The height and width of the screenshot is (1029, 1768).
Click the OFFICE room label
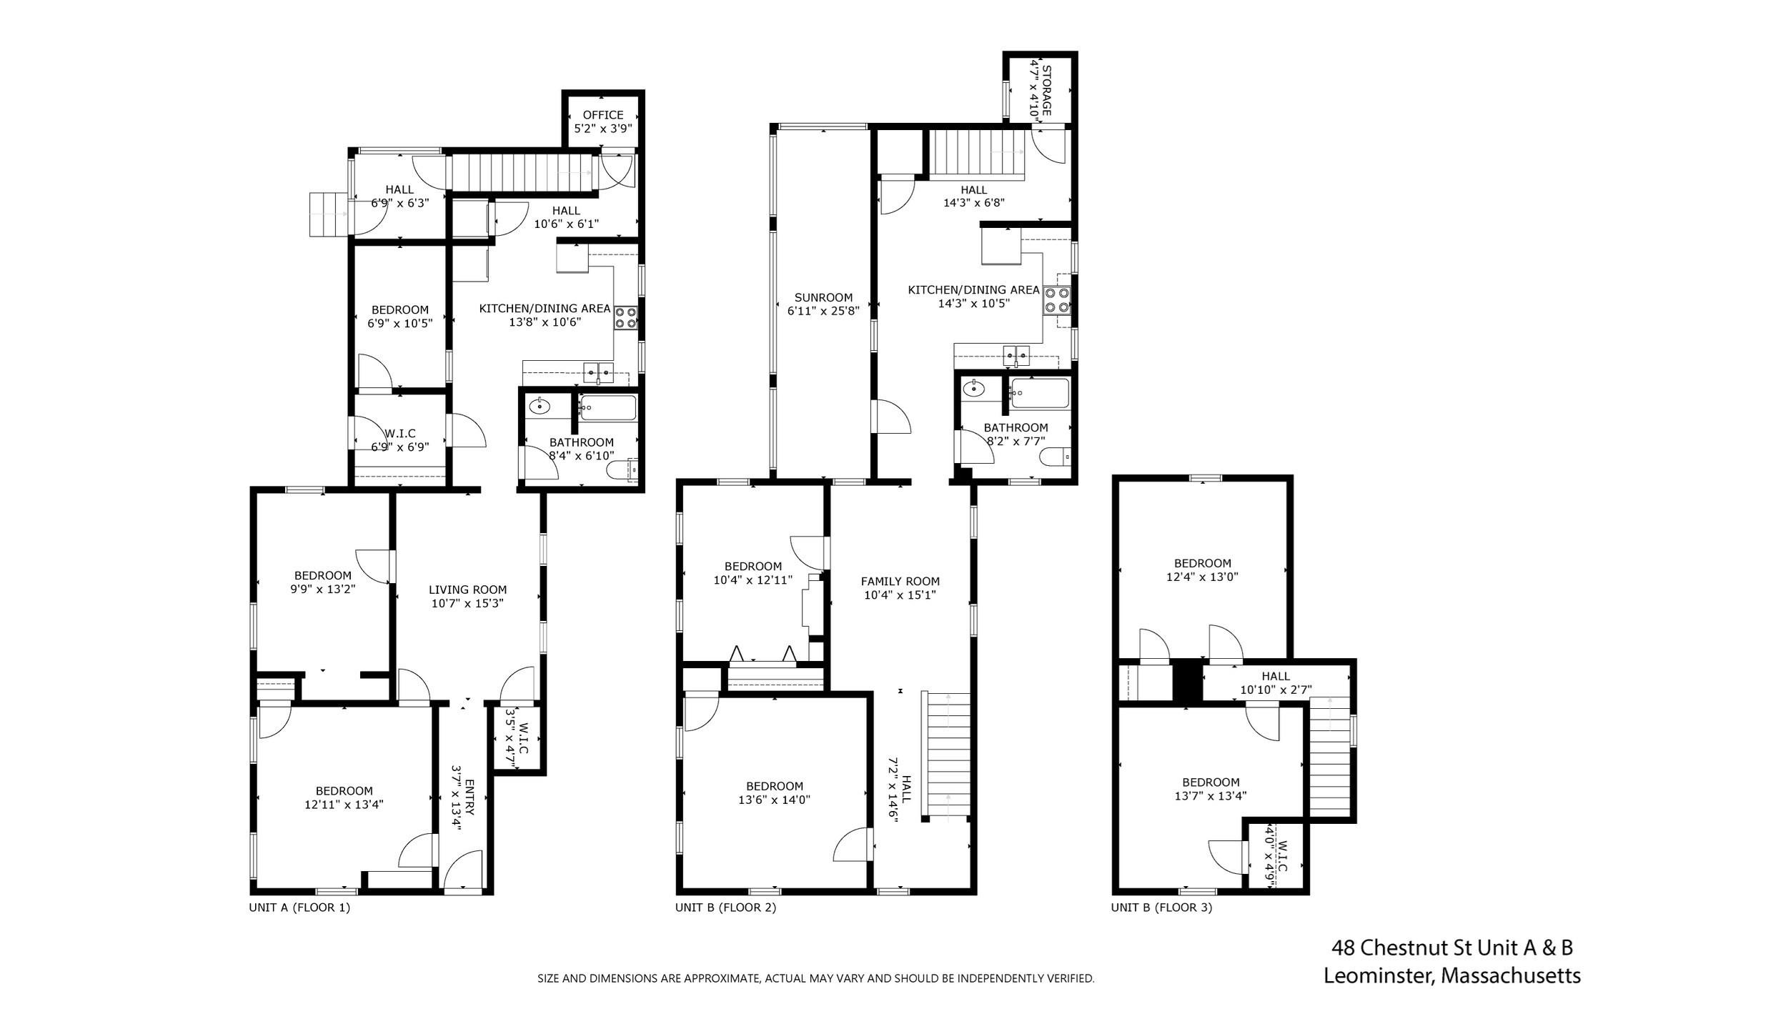pyautogui.click(x=602, y=115)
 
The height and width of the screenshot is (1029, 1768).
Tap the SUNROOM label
pyautogui.click(x=823, y=298)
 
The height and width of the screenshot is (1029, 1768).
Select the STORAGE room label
pyautogui.click(x=1046, y=90)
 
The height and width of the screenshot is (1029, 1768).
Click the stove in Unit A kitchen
pyautogui.click(x=626, y=317)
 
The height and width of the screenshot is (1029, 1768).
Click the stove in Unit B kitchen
pyautogui.click(x=1056, y=299)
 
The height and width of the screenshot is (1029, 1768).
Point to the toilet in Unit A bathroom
pyautogui.click(x=620, y=470)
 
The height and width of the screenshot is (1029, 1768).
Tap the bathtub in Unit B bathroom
pyautogui.click(x=1041, y=394)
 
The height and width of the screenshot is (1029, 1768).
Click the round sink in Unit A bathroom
pyautogui.click(x=539, y=407)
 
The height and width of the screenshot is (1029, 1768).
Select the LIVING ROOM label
pyautogui.click(x=467, y=590)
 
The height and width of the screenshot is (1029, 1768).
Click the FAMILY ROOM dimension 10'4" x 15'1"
pyautogui.click(x=900, y=595)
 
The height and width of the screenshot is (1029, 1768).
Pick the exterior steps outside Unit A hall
pyautogui.click(x=327, y=214)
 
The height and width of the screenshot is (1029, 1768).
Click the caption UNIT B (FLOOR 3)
pyautogui.click(x=1161, y=908)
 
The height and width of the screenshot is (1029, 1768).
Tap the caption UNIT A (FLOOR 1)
pyautogui.click(x=299, y=908)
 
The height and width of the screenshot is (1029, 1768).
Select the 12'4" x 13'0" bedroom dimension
pyautogui.click(x=1203, y=577)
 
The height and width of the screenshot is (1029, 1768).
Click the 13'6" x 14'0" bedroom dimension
pyautogui.click(x=774, y=800)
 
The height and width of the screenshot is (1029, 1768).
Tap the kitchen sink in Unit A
pyautogui.click(x=598, y=373)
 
